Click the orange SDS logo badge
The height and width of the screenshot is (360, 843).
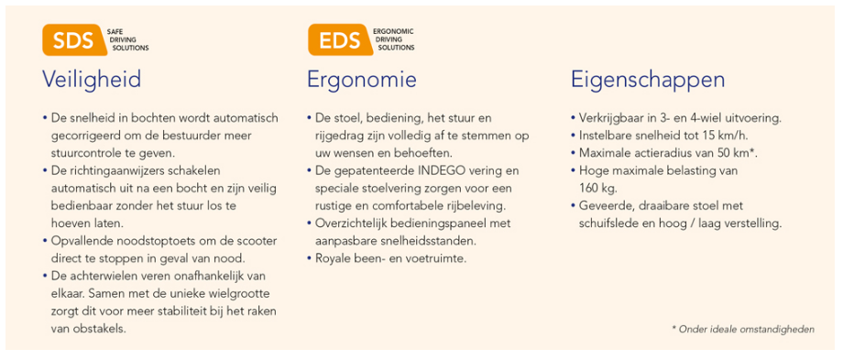tap(72, 39)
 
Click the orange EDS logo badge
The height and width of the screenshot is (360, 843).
tap(340, 39)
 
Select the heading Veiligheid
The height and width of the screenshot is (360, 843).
tap(92, 80)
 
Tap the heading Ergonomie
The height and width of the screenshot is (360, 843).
tap(361, 80)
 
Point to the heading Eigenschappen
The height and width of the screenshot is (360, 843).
tap(647, 81)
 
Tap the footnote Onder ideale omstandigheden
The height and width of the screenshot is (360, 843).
tap(743, 329)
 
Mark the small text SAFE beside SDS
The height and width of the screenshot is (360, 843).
tap(115, 32)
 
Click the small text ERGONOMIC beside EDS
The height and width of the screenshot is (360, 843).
tap(393, 32)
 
